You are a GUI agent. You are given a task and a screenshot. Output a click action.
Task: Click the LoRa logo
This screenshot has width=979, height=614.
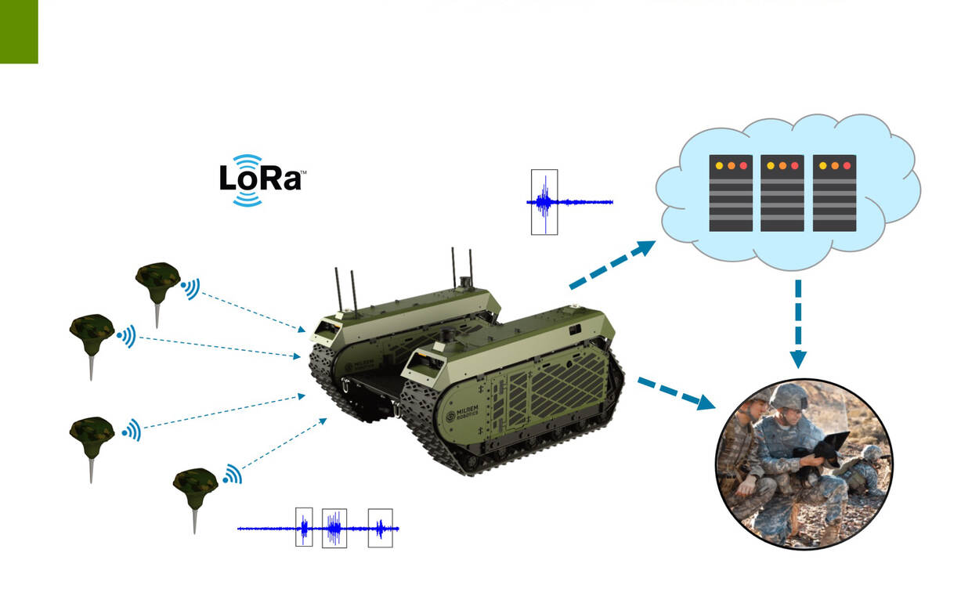[262, 180]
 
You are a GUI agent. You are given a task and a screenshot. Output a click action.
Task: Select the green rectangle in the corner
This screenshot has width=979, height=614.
[19, 31]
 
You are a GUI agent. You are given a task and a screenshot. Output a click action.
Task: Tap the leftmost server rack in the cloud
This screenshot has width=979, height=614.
[731, 193]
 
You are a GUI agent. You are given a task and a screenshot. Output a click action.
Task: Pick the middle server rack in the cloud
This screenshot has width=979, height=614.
[782, 193]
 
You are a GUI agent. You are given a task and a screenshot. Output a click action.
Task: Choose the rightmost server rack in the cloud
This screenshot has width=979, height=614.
[834, 193]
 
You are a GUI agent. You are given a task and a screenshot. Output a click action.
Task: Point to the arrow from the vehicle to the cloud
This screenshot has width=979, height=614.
[612, 265]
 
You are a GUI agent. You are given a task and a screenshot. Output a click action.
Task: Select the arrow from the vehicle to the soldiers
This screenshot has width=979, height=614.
[677, 392]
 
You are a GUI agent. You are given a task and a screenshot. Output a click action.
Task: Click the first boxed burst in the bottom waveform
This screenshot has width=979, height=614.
[304, 528]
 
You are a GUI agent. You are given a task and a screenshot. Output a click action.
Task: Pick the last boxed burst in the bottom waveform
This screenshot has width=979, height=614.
[381, 528]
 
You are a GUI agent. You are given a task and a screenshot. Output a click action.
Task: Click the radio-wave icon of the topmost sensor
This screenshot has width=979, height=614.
[191, 289]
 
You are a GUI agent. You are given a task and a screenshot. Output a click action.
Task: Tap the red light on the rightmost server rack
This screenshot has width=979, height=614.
[847, 166]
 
